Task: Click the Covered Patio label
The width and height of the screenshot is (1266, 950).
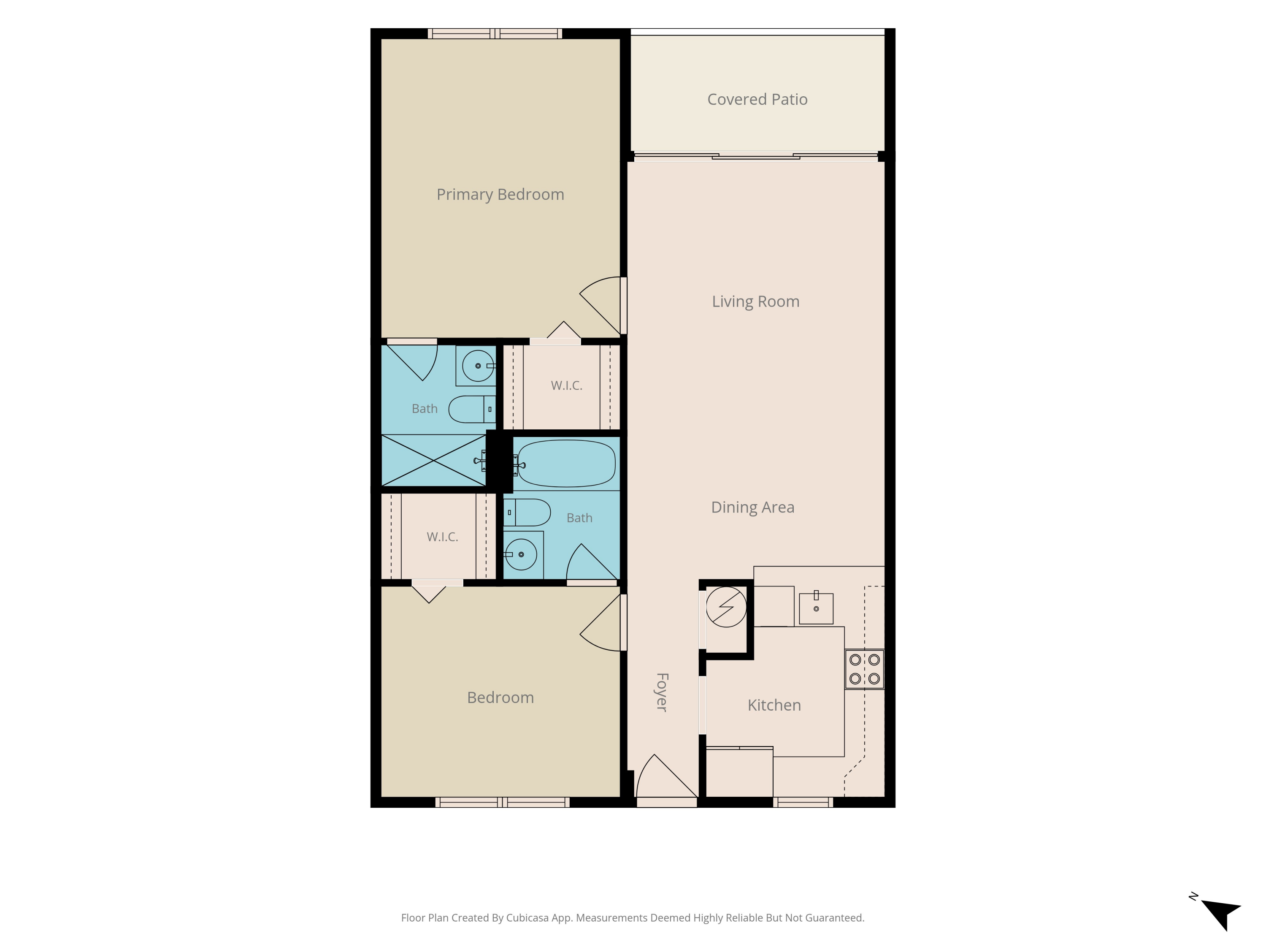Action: coord(757,100)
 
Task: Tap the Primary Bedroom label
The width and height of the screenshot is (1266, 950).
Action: coord(500,195)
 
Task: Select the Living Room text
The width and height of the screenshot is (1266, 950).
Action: coord(755,302)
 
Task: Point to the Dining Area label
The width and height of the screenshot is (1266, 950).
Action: coord(752,508)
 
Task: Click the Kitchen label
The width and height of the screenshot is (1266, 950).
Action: coord(774,705)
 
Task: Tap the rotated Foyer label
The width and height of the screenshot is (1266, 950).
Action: coord(662,692)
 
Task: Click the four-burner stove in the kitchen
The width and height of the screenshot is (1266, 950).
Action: coord(864,669)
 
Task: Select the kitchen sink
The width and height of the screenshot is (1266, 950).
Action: coord(816,608)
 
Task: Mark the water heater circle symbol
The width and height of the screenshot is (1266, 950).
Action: coord(726,607)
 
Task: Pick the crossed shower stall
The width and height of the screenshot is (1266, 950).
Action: coord(433,460)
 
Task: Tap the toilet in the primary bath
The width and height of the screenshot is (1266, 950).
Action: coord(472,409)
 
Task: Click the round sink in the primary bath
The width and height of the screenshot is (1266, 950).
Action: coord(478,365)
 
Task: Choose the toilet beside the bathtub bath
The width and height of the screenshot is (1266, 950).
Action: coord(527,513)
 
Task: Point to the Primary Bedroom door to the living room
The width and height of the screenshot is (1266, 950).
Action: coord(601,306)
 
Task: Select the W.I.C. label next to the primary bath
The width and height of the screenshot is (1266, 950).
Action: coord(567,386)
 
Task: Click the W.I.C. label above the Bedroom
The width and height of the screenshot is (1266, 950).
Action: coord(442,537)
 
